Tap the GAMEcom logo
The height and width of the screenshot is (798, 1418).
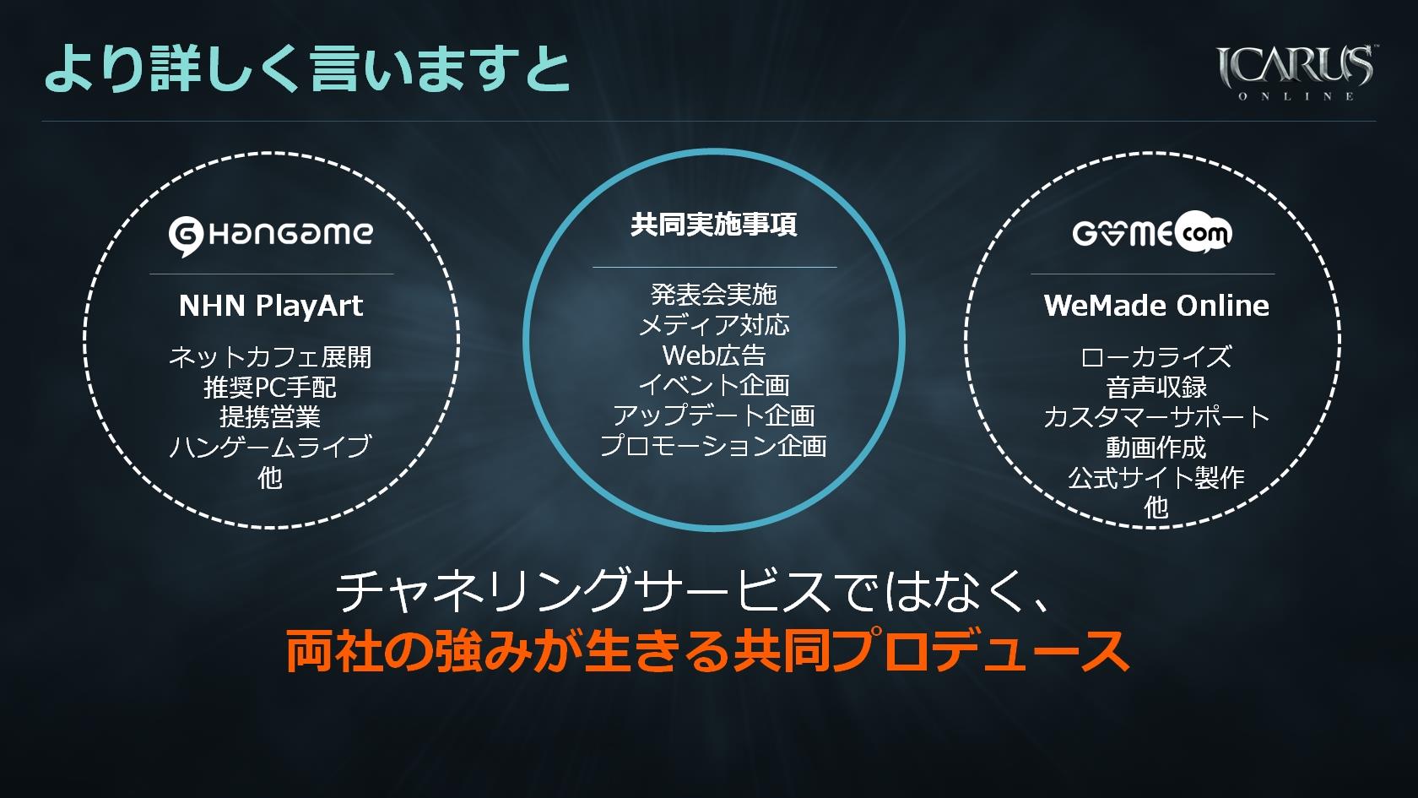[1152, 232]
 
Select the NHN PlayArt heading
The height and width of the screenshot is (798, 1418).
[271, 306]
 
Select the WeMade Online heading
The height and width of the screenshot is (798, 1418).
[1156, 306]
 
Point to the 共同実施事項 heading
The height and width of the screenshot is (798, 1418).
[713, 225]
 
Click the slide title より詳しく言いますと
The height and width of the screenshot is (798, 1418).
[307, 68]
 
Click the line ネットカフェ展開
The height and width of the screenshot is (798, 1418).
[270, 357]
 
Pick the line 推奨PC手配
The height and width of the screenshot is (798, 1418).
[270, 388]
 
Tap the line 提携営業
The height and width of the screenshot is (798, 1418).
[270, 417]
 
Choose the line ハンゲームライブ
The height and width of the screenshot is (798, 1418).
[270, 448]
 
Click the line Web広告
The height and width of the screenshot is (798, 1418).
[714, 356]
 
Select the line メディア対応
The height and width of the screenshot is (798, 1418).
[714, 326]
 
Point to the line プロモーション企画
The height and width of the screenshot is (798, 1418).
[713, 446]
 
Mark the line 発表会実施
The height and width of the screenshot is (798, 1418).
[714, 295]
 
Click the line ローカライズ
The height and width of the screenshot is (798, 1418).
[1156, 357]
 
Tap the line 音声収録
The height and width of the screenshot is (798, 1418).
[1156, 388]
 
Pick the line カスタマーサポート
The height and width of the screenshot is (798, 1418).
[1156, 417]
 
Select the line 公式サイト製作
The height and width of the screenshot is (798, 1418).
[1156, 478]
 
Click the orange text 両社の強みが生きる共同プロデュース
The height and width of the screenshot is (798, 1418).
[707, 650]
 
